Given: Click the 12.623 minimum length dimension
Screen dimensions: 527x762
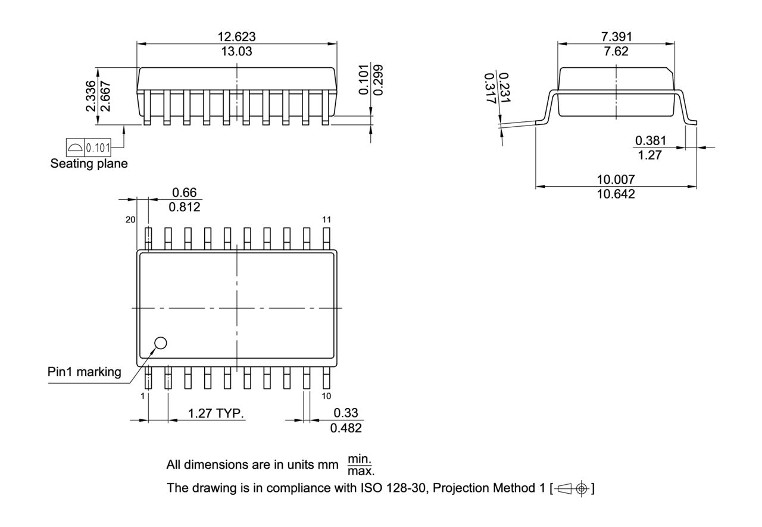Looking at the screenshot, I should point(236,37).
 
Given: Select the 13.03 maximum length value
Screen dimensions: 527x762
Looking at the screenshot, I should point(236,51).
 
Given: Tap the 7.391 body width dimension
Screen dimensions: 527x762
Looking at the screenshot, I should point(616,37).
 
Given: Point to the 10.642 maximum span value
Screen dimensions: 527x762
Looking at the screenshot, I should point(616,194).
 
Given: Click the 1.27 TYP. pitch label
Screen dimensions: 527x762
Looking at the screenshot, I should point(216,413).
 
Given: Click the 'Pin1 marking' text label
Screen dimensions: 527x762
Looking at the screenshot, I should point(84,372).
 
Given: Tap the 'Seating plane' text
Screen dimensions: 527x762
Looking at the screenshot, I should point(89,164).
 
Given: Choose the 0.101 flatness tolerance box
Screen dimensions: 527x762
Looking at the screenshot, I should point(97,147).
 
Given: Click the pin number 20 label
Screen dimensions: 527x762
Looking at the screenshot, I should point(130,219).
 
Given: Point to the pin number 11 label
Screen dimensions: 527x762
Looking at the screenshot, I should point(326,219).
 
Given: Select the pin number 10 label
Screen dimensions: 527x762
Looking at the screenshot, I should point(326,396).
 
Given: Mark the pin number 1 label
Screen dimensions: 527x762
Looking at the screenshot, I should point(143,396).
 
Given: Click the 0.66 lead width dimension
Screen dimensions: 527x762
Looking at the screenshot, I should point(184,193).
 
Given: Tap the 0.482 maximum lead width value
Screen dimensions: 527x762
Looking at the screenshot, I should point(345,428).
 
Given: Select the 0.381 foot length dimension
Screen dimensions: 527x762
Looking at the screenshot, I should point(651,141).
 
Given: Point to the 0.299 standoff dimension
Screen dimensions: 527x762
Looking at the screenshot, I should point(379,79).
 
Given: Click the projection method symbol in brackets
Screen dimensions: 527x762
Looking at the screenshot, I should point(573,488).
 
